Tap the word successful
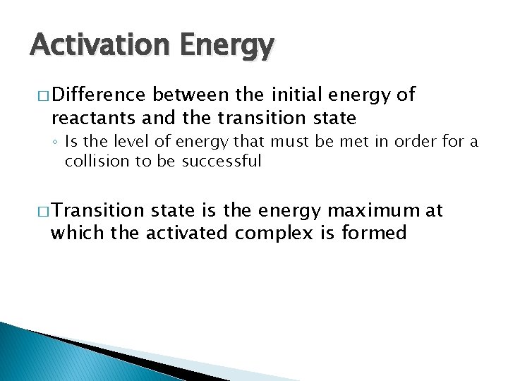point(222,161)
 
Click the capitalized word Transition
point(97,210)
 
